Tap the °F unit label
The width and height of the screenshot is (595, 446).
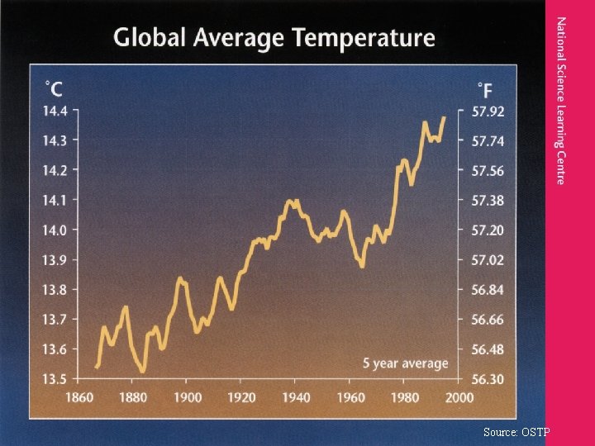click(486, 88)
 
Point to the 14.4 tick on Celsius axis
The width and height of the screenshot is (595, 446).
click(55, 111)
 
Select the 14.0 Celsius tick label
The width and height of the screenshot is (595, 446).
click(55, 230)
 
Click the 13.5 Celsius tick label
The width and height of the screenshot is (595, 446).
click(55, 379)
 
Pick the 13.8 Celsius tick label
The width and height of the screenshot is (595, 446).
click(55, 290)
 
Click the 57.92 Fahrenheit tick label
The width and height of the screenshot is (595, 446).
click(488, 111)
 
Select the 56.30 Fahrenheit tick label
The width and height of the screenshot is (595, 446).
click(488, 379)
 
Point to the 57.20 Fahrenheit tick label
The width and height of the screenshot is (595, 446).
click(488, 230)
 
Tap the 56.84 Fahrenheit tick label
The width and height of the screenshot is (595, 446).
click(488, 290)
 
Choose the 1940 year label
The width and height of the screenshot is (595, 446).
click(296, 397)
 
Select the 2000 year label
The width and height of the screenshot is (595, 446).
click(459, 397)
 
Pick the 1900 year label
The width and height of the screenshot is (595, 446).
click(188, 397)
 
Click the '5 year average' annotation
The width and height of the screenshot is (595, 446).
click(405, 363)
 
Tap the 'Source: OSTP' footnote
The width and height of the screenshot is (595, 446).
click(517, 432)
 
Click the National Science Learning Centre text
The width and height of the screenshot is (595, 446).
click(561, 100)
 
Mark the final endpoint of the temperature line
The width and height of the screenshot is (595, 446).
click(444, 117)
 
